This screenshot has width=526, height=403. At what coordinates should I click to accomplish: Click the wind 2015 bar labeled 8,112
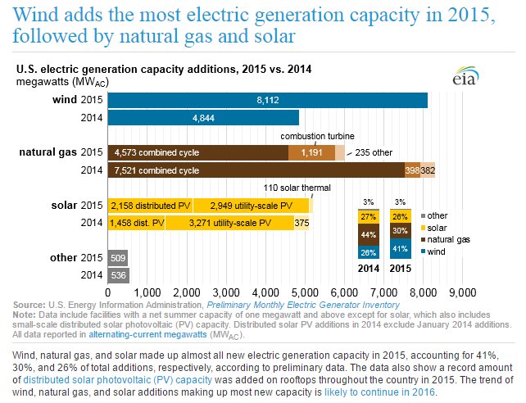click(x=267, y=100)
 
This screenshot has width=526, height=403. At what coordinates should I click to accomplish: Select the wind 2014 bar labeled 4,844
click(x=203, y=117)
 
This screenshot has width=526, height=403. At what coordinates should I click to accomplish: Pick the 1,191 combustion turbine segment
click(x=311, y=152)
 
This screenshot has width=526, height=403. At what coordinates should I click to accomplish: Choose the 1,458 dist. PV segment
click(x=136, y=222)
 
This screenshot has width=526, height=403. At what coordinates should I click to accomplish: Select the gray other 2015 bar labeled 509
click(x=117, y=257)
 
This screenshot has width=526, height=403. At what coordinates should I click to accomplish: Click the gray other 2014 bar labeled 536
click(x=118, y=274)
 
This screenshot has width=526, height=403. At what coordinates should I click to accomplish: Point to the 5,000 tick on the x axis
click(x=305, y=292)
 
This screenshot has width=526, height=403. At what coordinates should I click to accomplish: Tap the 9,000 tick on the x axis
click(x=463, y=292)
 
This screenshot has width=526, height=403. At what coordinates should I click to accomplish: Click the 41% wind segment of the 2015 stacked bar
click(x=401, y=248)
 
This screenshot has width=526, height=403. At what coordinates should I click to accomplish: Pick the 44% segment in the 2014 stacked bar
click(x=369, y=234)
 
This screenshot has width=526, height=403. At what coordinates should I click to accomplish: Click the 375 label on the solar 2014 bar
click(x=302, y=222)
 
